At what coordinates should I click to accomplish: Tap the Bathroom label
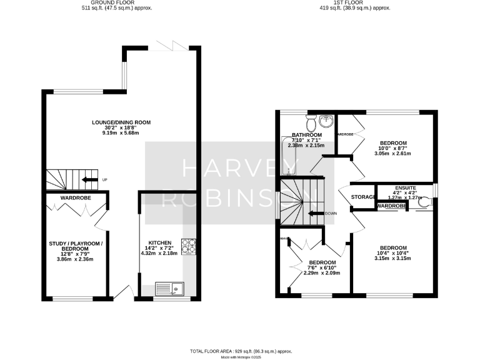[x=306, y=135]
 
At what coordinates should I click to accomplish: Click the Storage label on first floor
[x=362, y=197]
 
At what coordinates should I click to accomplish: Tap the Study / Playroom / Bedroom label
[x=76, y=245]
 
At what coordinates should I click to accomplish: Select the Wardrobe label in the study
[x=76, y=198]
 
